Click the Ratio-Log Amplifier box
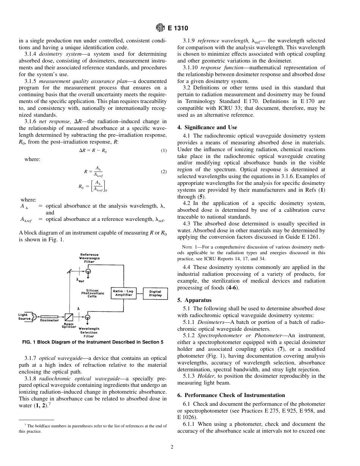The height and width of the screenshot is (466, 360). pos(124,293)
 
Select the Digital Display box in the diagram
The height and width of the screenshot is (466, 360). pos(155,293)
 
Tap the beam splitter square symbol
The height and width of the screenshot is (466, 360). pos(69,316)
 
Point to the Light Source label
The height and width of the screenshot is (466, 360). pos(25,317)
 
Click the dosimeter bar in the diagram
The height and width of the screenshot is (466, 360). pos(49,316)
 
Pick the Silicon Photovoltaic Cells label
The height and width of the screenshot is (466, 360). pos(92,293)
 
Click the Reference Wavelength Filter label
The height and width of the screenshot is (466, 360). pos(89,258)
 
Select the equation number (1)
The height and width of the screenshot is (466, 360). pos(163,150)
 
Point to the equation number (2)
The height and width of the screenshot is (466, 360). pos(163,172)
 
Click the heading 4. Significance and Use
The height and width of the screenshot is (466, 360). pos(207,127)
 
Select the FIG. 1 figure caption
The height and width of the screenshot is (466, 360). pos(93,342)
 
